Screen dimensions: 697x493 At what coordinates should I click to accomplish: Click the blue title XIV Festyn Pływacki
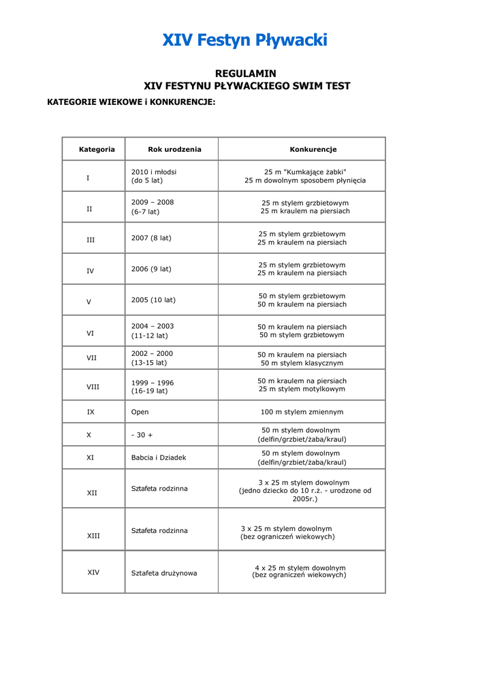point(245,40)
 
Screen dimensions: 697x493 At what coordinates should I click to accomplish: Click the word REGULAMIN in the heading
point(246,74)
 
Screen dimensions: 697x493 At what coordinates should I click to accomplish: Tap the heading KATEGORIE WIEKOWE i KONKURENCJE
point(131,102)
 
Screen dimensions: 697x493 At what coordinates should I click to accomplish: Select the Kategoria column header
point(97,149)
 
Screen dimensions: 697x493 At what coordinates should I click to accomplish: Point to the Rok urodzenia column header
point(174,149)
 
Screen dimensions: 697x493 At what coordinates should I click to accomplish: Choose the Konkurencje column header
point(313,149)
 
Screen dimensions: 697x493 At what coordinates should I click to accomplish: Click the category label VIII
point(93,387)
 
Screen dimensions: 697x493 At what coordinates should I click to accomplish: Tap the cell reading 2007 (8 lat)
point(151,238)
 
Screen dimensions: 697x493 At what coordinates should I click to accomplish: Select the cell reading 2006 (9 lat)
point(151,269)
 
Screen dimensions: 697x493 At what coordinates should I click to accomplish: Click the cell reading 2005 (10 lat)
point(153,299)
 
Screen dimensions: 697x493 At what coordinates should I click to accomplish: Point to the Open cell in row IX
point(140,412)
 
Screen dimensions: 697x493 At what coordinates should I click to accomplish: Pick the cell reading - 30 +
point(142,435)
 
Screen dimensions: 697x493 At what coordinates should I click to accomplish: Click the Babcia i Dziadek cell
point(158,457)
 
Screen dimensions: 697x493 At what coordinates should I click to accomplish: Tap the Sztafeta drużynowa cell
point(164,573)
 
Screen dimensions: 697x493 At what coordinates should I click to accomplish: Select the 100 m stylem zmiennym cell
point(302,412)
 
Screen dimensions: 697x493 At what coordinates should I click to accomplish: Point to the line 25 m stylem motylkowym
point(302,389)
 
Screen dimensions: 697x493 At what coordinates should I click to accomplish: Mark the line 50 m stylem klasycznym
point(302,363)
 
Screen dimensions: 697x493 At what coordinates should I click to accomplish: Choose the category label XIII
point(93,536)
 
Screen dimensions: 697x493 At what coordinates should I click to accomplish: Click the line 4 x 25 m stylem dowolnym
point(300,568)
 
